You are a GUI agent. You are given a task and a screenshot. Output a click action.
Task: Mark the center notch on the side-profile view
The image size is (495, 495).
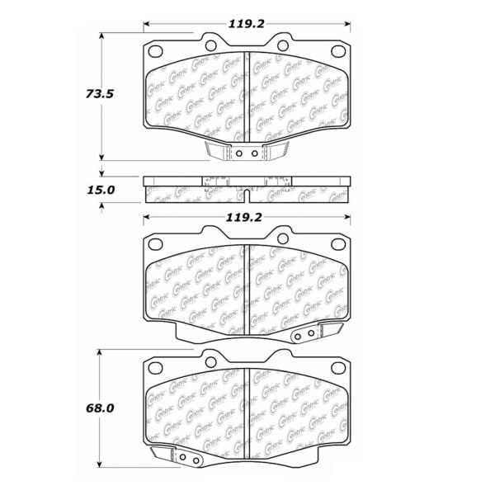click(x=248, y=195)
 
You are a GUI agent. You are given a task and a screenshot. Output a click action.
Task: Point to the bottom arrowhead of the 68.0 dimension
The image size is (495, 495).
click(x=101, y=467)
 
